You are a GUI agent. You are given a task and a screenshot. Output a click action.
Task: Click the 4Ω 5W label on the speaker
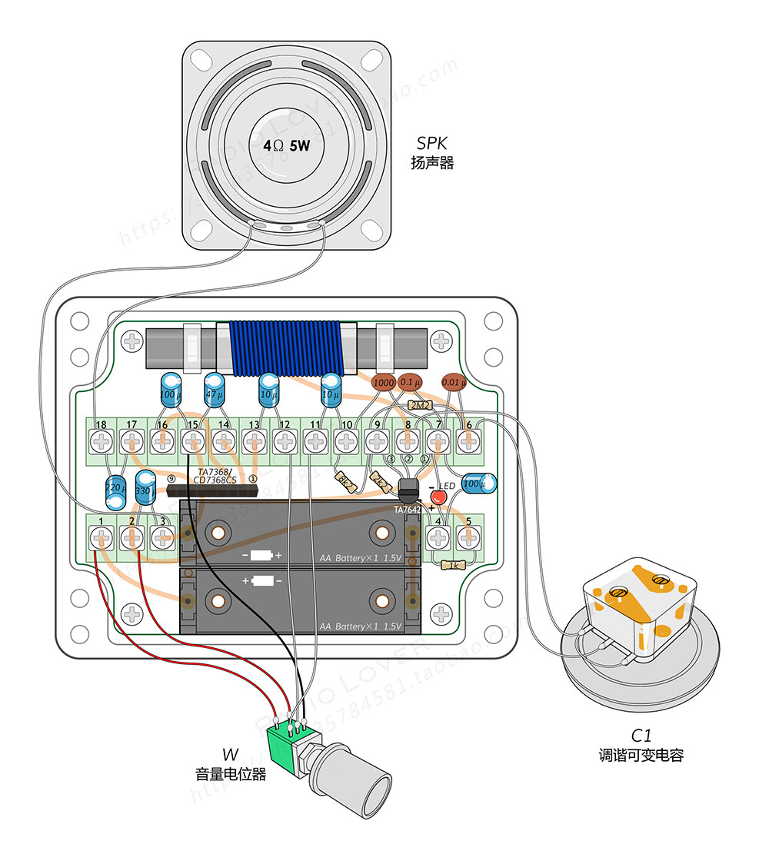[x=286, y=145]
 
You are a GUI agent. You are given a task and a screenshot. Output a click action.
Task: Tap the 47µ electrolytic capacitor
[x=214, y=387]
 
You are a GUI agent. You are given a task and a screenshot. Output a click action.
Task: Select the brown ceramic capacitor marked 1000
[x=383, y=382]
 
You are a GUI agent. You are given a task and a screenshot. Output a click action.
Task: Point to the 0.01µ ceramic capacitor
[x=453, y=382]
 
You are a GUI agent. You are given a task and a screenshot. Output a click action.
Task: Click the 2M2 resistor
[x=419, y=404]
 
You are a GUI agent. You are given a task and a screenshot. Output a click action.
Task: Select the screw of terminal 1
[x=99, y=539]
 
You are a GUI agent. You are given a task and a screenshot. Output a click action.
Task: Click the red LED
[x=438, y=497]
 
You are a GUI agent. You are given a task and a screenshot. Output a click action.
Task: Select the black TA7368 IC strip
[x=211, y=490]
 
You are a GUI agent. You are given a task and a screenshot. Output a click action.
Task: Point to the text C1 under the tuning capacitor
[x=641, y=736]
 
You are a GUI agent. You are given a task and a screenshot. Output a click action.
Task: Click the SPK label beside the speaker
[x=431, y=143]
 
